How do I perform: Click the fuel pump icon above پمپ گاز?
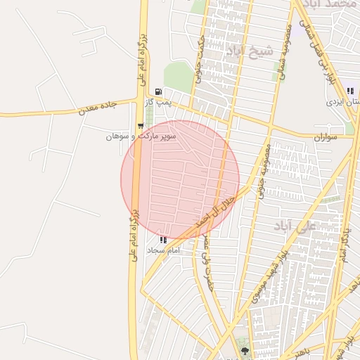[158, 91]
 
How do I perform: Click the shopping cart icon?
[141, 126]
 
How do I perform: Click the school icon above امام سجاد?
[163, 239]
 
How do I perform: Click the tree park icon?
[245, 349]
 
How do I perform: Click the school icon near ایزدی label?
[350, 91]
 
